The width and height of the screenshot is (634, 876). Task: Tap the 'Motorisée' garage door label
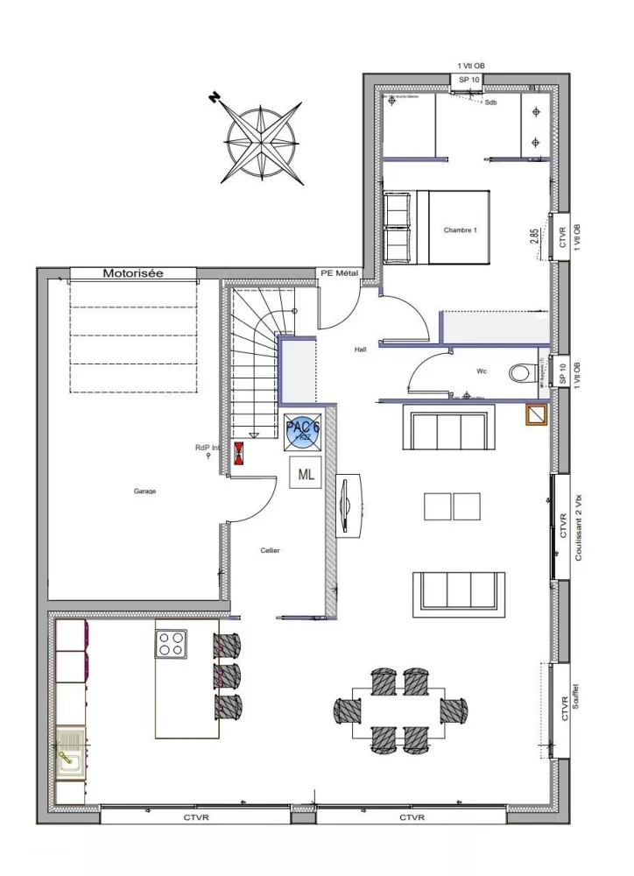(x=133, y=273)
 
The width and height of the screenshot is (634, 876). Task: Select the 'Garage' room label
(x=144, y=491)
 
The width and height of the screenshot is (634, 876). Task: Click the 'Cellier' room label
(x=270, y=551)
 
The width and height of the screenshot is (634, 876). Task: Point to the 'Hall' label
(x=361, y=348)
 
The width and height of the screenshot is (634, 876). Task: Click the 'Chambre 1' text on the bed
(x=461, y=230)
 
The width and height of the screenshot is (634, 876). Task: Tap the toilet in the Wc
(x=522, y=372)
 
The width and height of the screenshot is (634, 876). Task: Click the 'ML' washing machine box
(x=306, y=476)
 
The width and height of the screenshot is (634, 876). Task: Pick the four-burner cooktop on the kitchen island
(x=171, y=644)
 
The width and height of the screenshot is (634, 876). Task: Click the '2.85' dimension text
(x=534, y=239)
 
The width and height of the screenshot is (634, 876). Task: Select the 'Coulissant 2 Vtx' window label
(x=579, y=526)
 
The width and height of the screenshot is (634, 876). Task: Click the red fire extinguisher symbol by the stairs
(x=238, y=453)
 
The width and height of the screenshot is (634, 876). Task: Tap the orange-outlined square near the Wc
(x=536, y=414)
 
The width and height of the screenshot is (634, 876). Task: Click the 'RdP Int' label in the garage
(x=207, y=448)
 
